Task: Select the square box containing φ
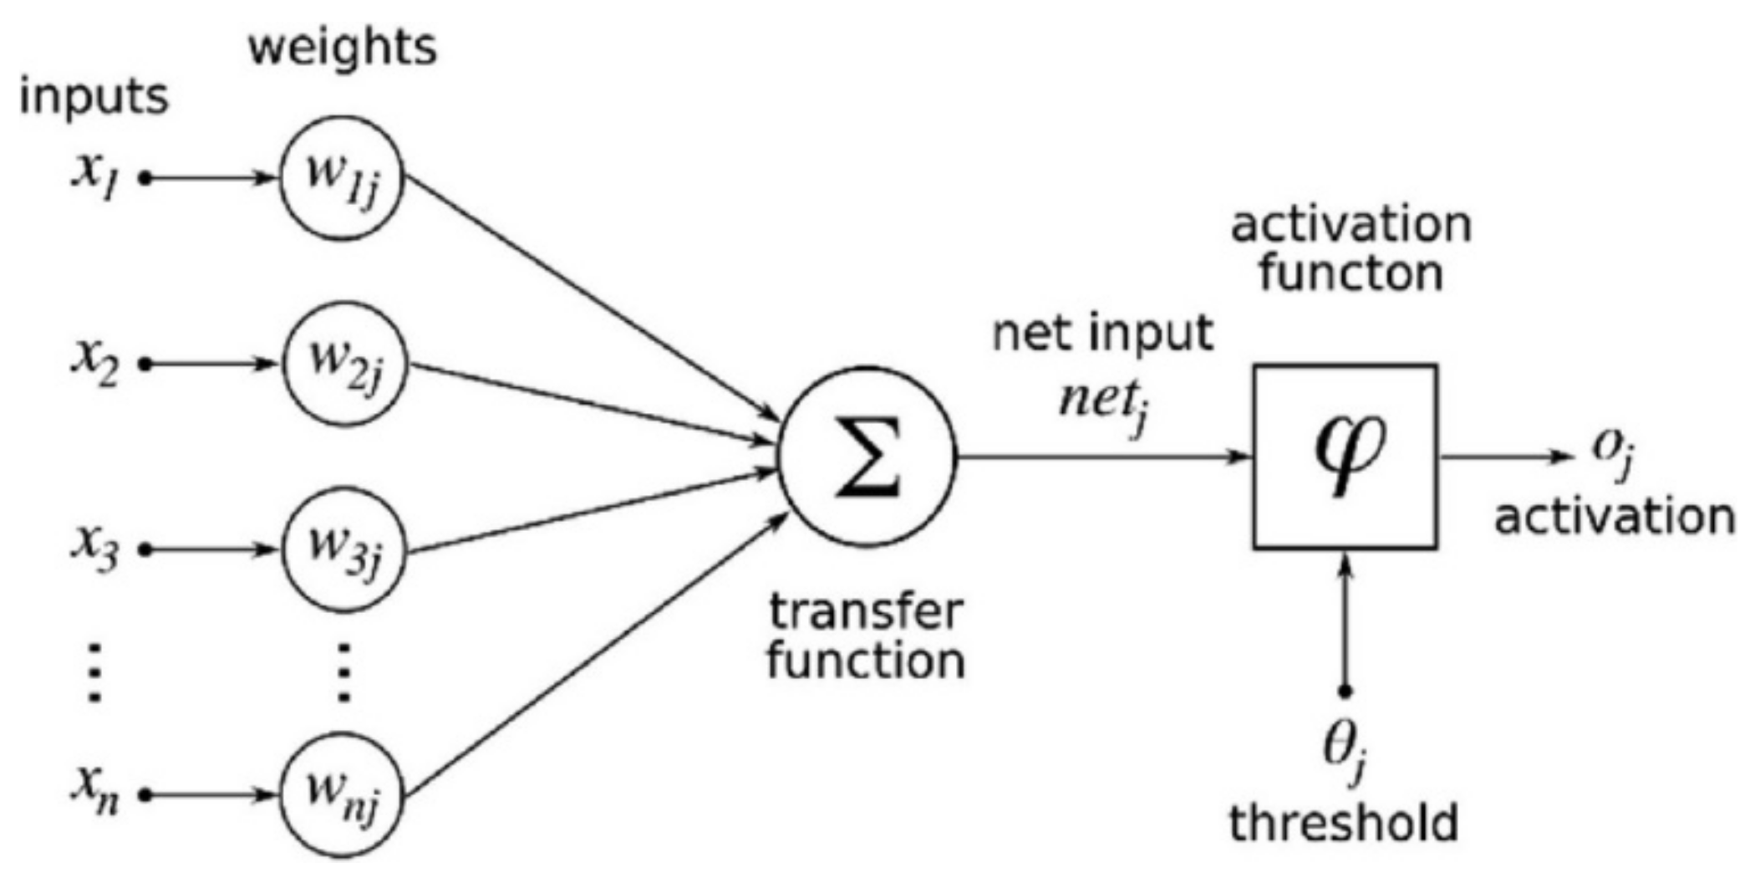(x=1345, y=457)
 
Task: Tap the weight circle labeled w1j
(x=341, y=178)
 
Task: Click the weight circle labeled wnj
(x=341, y=794)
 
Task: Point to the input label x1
(x=94, y=178)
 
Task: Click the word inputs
(x=94, y=98)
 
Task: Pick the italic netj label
(x=1101, y=403)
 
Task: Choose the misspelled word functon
(x=1351, y=273)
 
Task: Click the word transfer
(x=866, y=612)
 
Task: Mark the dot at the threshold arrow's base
(x=1345, y=692)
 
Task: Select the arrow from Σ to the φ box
(x=1103, y=457)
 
